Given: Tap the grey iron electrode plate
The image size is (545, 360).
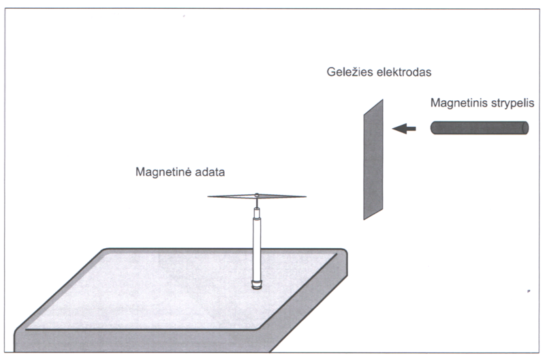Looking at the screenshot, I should pos(373,160).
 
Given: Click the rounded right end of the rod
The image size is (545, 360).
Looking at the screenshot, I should pos(525,127).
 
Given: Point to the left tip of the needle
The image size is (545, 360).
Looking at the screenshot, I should pos(210,198).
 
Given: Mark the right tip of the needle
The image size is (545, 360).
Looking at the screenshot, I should pos(305,198).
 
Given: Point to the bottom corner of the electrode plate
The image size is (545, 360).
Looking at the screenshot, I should pos(364,218).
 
